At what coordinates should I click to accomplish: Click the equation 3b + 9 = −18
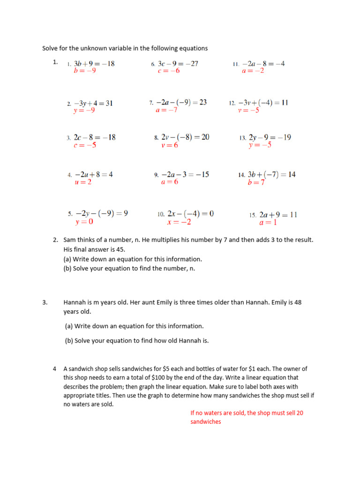click(94, 64)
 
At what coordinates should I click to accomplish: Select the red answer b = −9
click(85, 71)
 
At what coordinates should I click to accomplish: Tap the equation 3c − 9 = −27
click(178, 64)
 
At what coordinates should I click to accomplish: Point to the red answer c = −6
click(169, 71)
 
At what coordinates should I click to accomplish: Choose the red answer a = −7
click(166, 110)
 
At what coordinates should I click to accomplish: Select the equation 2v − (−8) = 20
click(185, 137)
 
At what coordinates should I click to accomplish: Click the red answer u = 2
click(83, 182)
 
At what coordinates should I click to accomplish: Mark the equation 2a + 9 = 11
click(278, 215)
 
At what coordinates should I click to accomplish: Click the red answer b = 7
click(256, 182)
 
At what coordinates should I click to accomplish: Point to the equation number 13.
click(242, 138)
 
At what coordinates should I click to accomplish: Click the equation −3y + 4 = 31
click(93, 103)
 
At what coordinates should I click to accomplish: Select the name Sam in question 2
click(69, 240)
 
